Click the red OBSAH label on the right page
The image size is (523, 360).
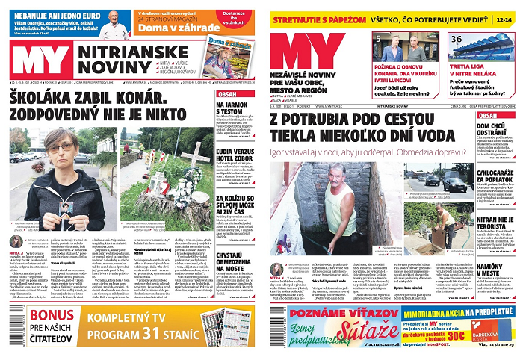point(488,116)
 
